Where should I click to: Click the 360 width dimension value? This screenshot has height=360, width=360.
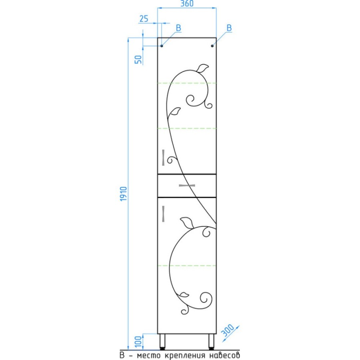(x=187, y=4)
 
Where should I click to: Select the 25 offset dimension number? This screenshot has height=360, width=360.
(x=144, y=18)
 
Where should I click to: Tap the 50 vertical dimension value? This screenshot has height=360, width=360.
(x=138, y=60)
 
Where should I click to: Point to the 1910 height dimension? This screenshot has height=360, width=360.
(x=123, y=194)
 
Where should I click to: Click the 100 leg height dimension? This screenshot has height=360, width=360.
(x=138, y=342)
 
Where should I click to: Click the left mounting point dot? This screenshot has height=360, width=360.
(x=162, y=46)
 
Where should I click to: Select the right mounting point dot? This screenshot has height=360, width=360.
(x=212, y=46)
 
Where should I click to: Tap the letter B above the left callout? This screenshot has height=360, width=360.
(x=178, y=28)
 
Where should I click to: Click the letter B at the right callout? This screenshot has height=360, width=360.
(x=229, y=28)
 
